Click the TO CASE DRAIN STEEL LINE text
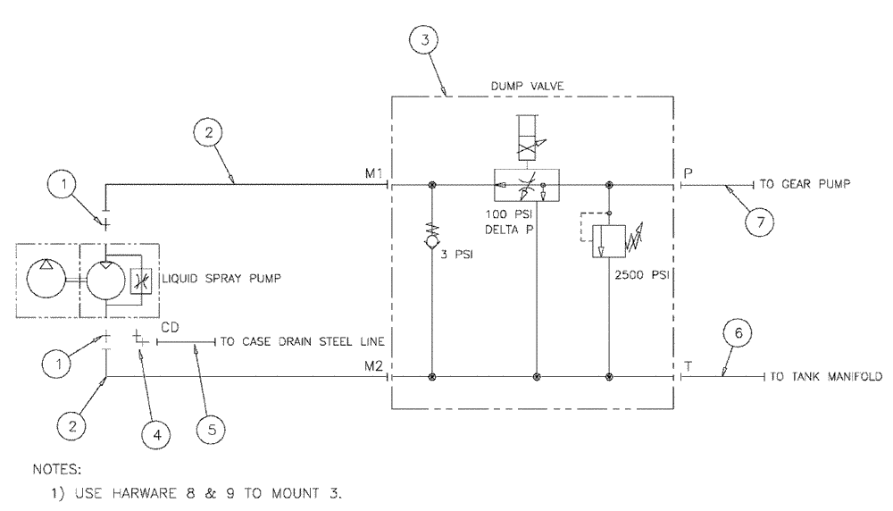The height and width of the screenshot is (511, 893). (x=280, y=340)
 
